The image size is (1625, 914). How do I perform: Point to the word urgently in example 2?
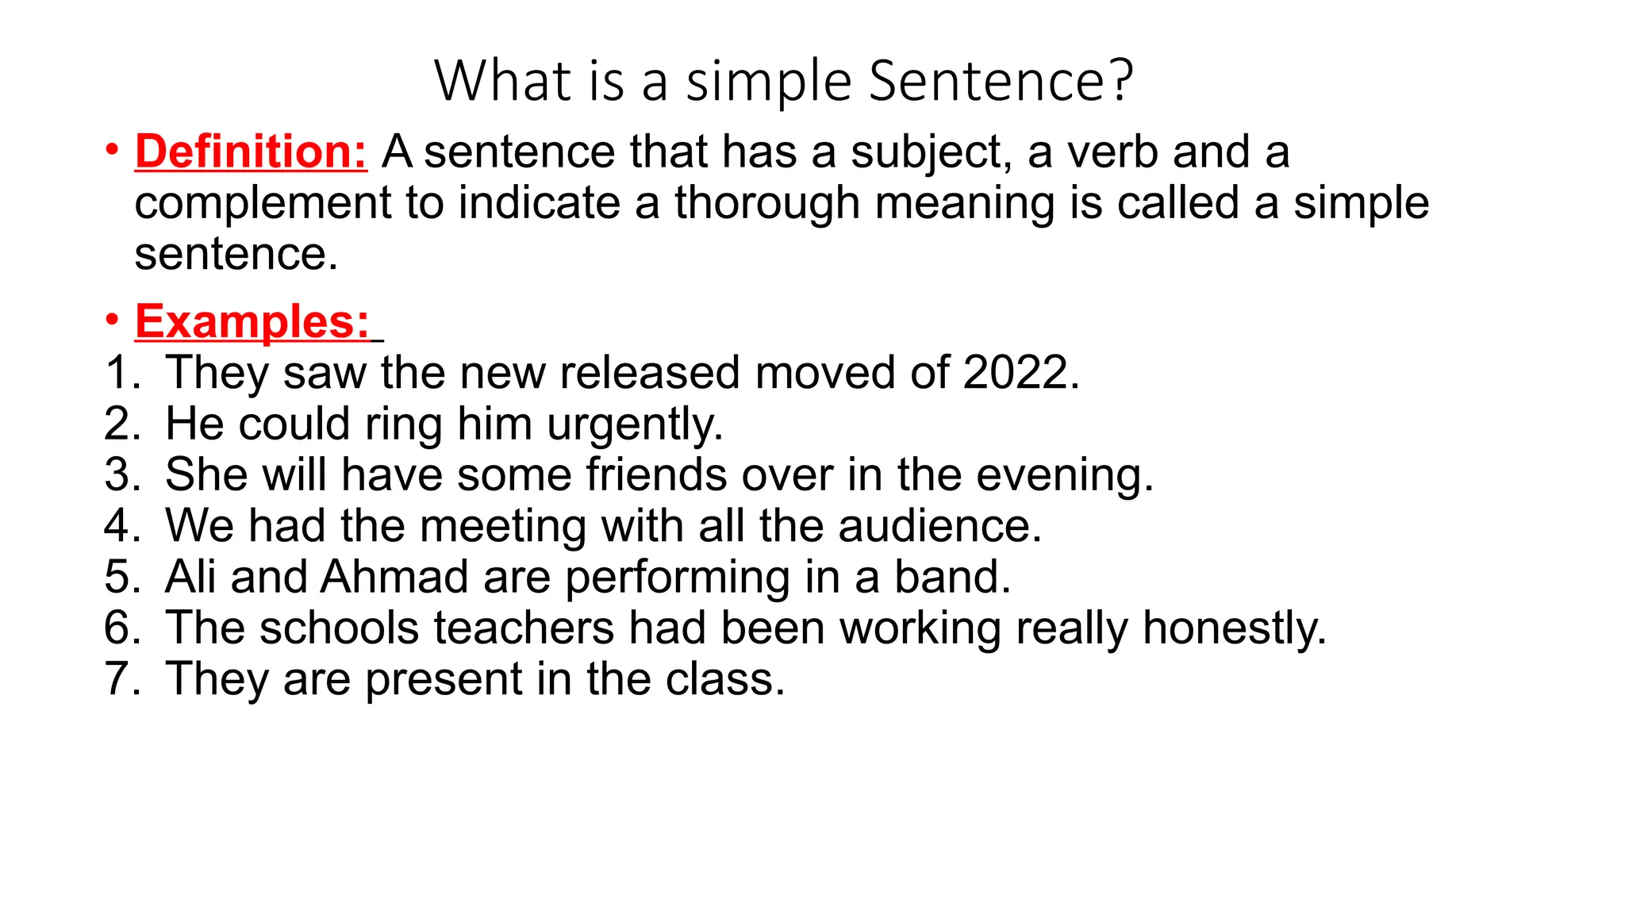635,424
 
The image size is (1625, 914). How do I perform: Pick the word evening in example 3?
1064,474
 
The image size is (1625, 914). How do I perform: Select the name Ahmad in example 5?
394,577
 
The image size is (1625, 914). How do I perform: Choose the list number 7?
121,679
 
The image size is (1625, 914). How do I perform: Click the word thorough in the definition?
767,202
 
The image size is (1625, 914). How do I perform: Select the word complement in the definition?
263,202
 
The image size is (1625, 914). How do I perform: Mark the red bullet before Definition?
113,149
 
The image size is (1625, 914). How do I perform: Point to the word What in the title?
503,81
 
